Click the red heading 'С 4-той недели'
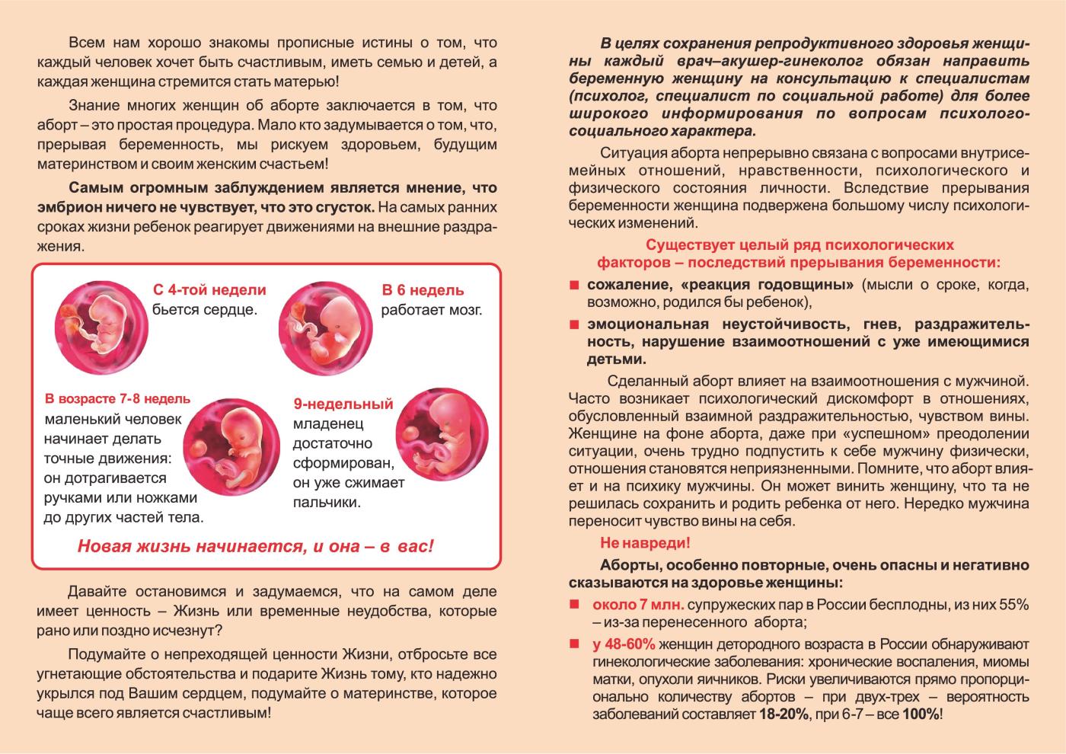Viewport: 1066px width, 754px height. point(209,290)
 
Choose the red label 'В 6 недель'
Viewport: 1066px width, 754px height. point(423,290)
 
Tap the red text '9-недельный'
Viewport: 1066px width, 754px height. point(343,404)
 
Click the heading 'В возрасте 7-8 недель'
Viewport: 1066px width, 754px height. point(117,399)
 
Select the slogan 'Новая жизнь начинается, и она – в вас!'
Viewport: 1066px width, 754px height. point(256,546)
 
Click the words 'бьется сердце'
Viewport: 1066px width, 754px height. point(204,309)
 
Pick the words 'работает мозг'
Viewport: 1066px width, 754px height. point(432,310)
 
